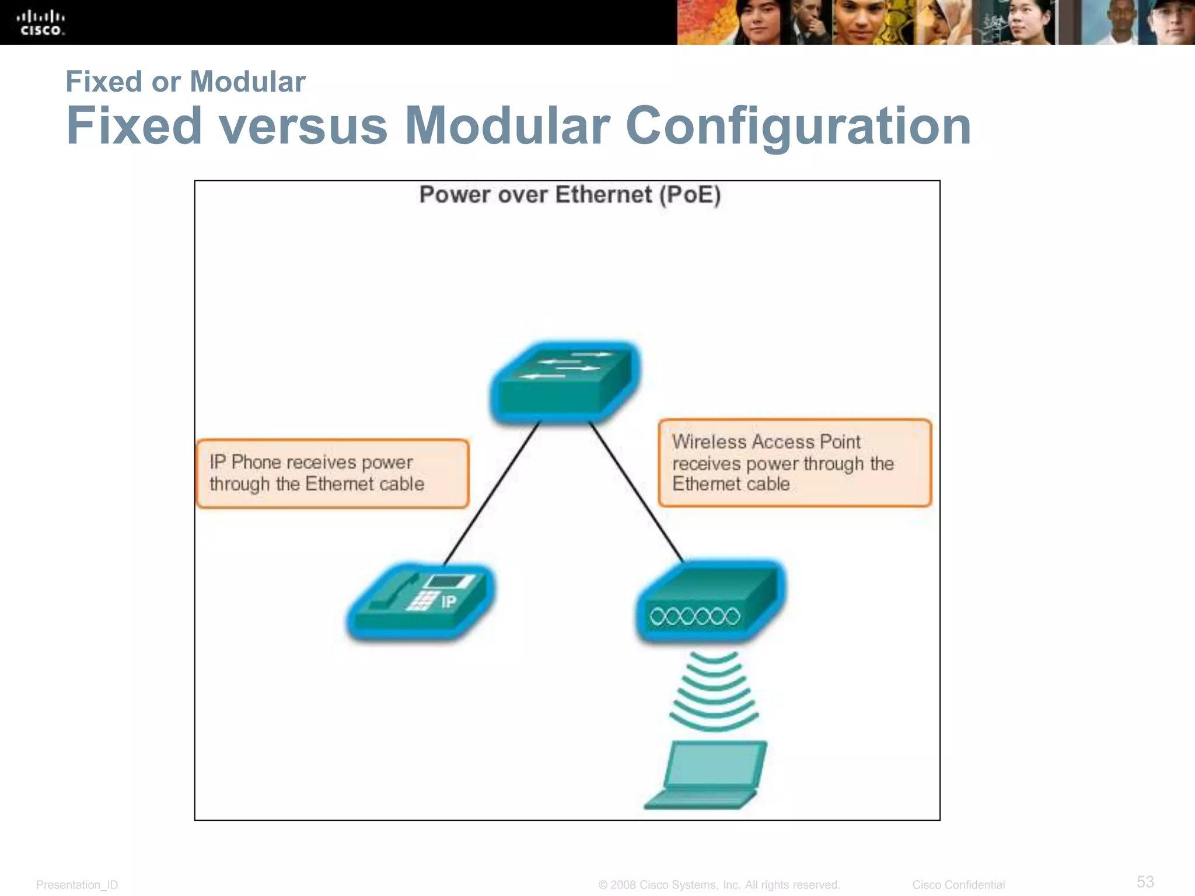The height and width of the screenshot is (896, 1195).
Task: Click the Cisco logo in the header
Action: point(41,23)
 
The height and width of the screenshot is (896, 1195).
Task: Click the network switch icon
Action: point(565,382)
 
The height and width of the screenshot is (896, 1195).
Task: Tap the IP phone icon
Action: point(420,601)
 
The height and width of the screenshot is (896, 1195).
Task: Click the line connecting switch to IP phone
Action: point(491,493)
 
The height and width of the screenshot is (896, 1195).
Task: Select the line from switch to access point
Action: point(636,492)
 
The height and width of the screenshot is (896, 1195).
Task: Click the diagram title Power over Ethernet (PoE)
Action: point(569,195)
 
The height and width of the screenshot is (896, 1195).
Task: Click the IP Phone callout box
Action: point(333,474)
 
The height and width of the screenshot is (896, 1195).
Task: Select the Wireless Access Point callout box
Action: point(795,463)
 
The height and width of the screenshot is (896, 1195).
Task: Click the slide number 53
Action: point(1145,881)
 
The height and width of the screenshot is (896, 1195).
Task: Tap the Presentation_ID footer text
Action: point(77,885)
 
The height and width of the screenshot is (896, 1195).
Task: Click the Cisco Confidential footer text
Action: point(958,885)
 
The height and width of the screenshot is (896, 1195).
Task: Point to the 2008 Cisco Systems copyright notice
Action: point(719,885)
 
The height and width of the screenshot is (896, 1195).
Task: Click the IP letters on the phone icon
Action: point(448,602)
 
